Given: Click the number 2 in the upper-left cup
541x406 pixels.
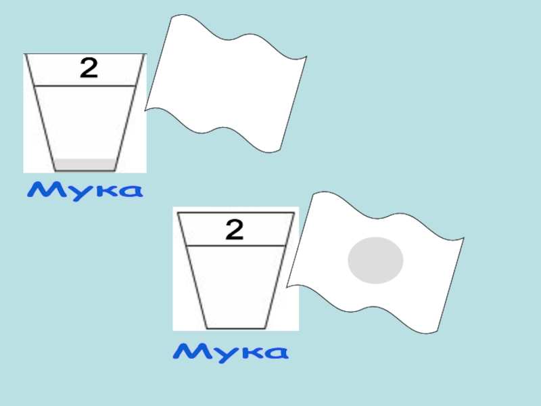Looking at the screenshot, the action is [x=89, y=68].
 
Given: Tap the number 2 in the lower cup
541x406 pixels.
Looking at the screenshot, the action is [x=235, y=230].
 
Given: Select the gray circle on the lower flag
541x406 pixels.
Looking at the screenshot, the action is [x=375, y=261].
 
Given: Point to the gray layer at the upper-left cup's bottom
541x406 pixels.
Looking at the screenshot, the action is [x=85, y=164].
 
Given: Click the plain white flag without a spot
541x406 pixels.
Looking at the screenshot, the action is [x=226, y=83].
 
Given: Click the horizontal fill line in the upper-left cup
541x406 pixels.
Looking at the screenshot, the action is [x=85, y=86].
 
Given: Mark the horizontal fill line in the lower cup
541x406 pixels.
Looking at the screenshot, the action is [x=236, y=246].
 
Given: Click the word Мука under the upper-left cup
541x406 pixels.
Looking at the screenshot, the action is [x=85, y=191].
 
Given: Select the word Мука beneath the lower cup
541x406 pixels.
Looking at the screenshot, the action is [x=231, y=353].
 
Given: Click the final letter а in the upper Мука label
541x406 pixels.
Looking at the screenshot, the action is [x=131, y=191].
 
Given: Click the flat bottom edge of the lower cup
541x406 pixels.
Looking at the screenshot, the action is [x=236, y=328].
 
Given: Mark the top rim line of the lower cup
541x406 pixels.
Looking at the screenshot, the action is [x=236, y=213].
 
